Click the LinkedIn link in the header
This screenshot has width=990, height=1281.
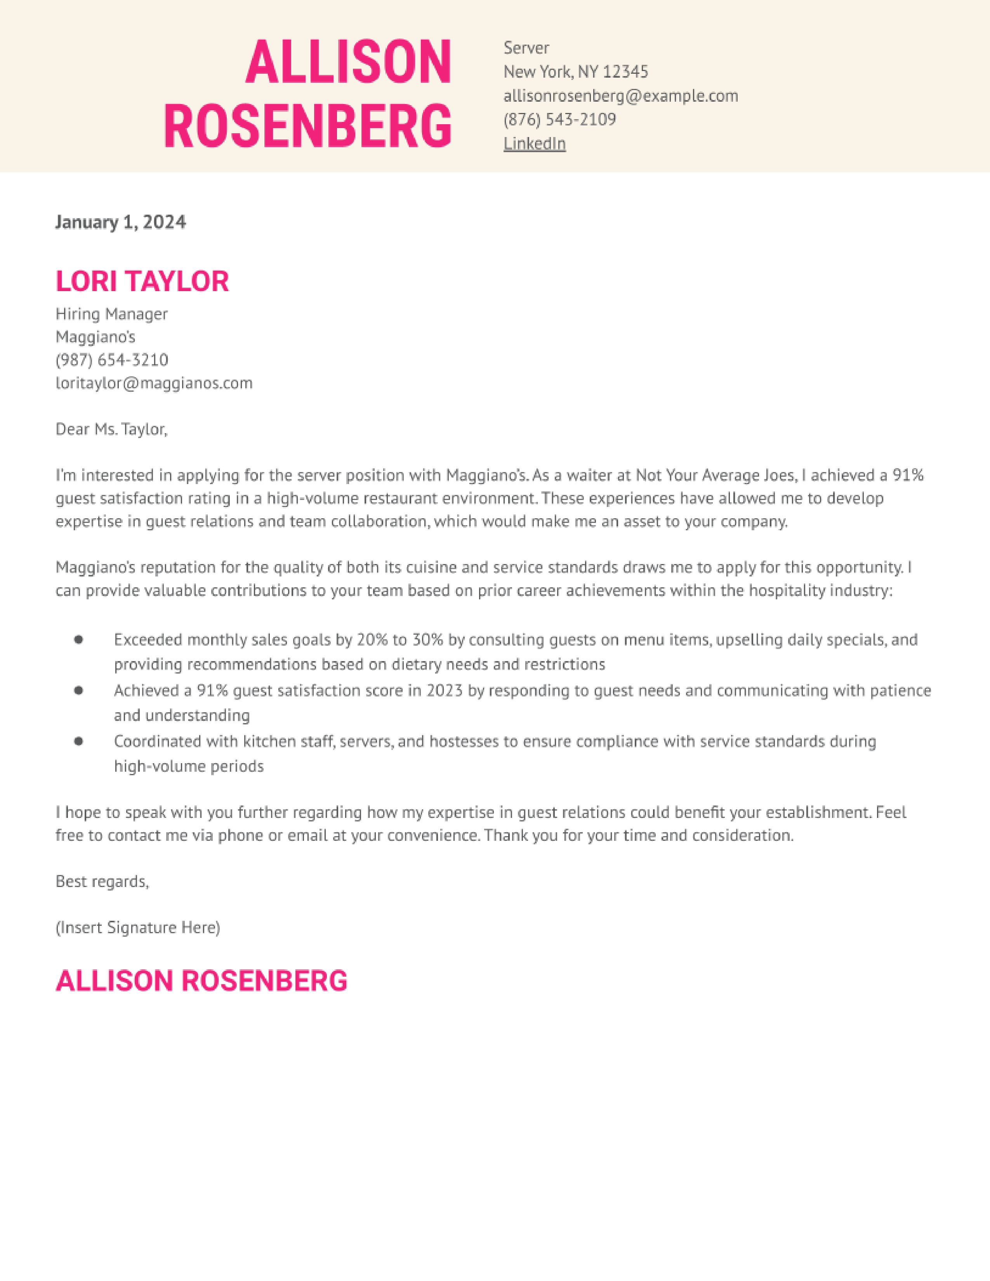point(534,144)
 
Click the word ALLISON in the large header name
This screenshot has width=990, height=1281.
point(348,62)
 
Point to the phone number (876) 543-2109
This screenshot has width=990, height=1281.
point(559,120)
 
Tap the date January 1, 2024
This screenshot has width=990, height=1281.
point(120,222)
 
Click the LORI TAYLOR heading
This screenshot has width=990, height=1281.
point(142,281)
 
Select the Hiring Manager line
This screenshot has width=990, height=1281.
point(111,314)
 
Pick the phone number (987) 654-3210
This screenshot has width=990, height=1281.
point(111,360)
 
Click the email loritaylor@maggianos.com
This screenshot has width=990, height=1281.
point(154,383)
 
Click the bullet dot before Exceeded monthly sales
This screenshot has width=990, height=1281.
point(78,639)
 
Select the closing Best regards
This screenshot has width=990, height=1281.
point(102,882)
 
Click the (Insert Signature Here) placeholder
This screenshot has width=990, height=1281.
point(138,928)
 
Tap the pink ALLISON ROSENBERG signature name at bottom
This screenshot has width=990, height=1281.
point(201,981)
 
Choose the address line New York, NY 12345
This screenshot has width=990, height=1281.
point(575,72)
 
